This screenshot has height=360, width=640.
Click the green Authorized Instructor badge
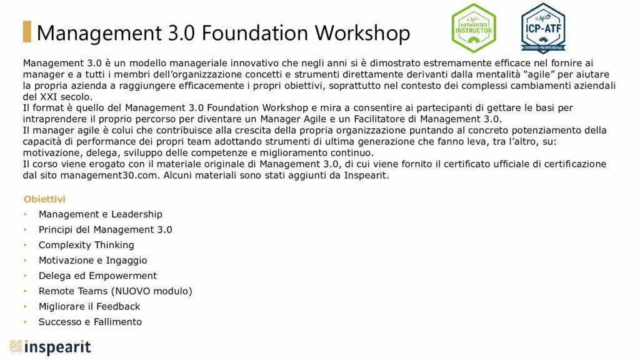(474, 27)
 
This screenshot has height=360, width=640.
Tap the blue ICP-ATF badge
(543, 27)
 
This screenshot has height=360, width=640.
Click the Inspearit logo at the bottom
(50, 347)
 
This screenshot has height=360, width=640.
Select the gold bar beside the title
(27, 31)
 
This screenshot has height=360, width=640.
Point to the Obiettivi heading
(44, 199)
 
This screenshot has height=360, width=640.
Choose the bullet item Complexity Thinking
(86, 245)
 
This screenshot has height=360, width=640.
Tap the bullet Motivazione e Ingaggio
(92, 261)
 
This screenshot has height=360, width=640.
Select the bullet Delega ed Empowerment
(97, 276)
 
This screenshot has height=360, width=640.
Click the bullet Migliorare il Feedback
(89, 306)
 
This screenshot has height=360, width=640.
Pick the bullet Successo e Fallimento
(90, 322)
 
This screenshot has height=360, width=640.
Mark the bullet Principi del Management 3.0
(105, 230)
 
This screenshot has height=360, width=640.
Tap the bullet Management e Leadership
(101, 214)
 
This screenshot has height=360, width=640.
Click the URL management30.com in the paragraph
(109, 176)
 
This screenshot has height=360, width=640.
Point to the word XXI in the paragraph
(49, 97)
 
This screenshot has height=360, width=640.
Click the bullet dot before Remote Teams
(25, 291)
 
